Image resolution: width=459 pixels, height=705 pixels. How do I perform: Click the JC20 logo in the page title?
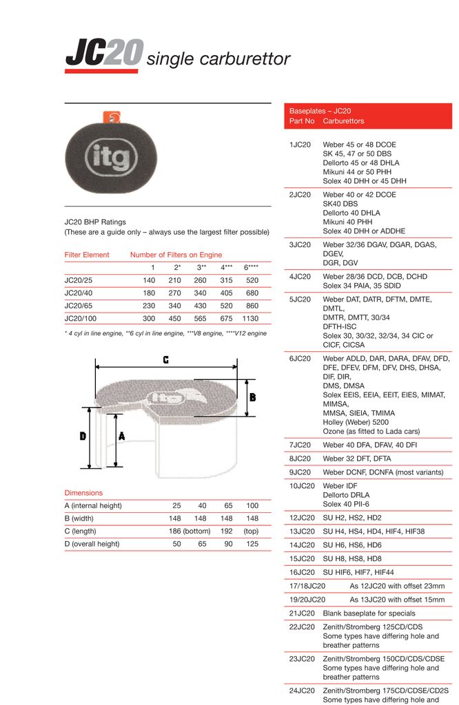click(104, 54)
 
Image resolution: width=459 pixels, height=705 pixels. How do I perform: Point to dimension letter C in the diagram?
click(166, 359)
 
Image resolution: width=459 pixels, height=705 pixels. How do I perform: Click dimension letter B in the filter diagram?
click(253, 397)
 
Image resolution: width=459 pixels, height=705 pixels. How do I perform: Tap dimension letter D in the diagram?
click(83, 436)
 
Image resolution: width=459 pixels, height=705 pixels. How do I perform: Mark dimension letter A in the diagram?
click(121, 436)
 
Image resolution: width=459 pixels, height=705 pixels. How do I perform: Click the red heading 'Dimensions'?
click(83, 493)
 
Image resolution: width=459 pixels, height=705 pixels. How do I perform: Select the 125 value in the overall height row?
click(252, 544)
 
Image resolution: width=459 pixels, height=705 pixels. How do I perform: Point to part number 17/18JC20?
click(307, 586)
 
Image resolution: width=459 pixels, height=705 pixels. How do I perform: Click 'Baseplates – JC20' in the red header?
click(320, 111)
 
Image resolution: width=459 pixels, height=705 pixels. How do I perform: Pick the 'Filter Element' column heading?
click(87, 255)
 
